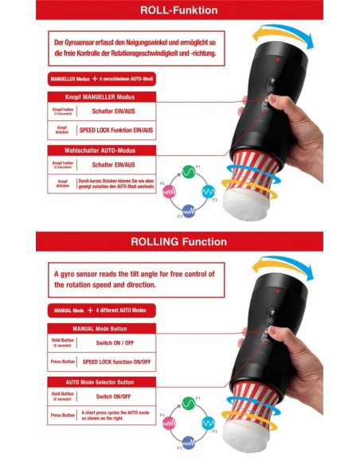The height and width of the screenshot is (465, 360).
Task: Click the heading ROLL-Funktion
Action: click(x=179, y=10)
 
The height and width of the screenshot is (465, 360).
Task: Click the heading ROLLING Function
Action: click(x=179, y=241)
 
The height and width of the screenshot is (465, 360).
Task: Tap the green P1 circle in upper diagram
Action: click(x=189, y=170)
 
